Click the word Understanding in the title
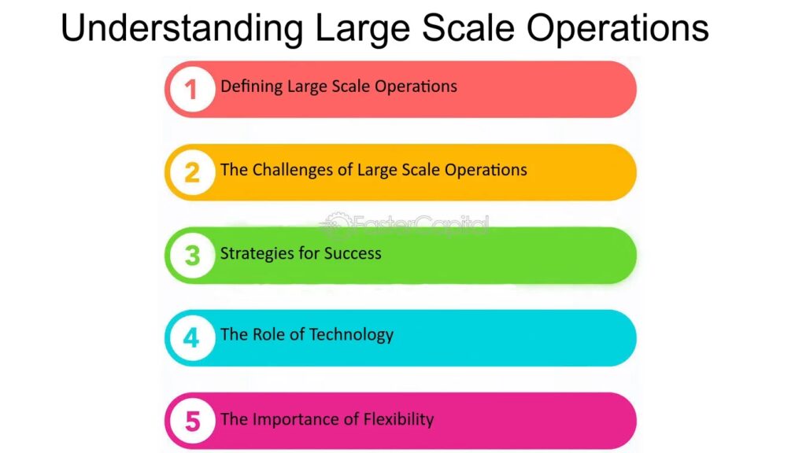click(x=182, y=28)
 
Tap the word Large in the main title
click(x=362, y=28)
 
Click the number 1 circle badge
click(x=192, y=90)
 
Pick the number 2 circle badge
click(x=192, y=172)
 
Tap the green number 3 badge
click(x=192, y=256)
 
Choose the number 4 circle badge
click(x=192, y=338)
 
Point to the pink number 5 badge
click(x=192, y=422)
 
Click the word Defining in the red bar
click(x=251, y=87)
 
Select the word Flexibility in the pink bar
click(x=398, y=419)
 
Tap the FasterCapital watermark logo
click(x=404, y=225)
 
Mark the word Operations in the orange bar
click(x=486, y=170)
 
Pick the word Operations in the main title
click(x=618, y=28)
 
